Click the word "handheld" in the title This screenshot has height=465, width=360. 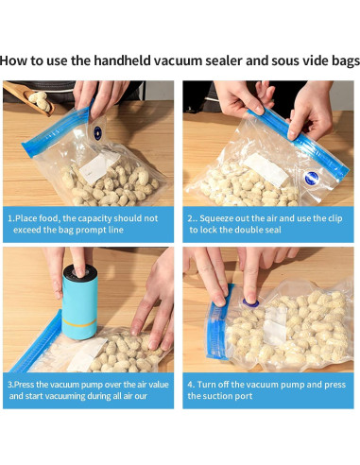pos(123,60)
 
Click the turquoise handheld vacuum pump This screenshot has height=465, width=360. pos(79,301)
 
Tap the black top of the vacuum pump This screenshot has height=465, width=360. pos(80,271)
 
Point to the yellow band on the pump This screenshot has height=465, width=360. pos(79,322)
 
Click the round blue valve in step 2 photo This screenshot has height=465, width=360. pos(312,178)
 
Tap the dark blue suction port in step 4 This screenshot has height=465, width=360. pos(250,303)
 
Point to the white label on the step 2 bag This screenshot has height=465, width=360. pos(266,169)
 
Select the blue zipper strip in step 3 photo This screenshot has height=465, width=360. pos(37,341)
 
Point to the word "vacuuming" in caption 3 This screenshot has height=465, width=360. pos(65,396)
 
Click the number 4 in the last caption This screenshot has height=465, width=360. pos(190,385)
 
